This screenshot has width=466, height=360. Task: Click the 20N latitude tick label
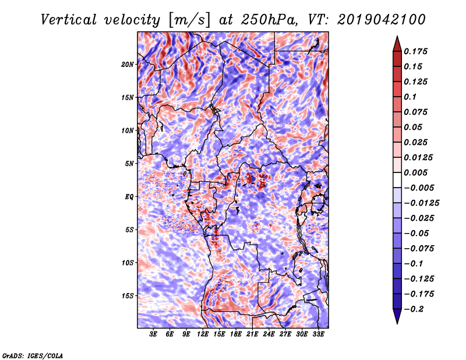[x=128, y=64]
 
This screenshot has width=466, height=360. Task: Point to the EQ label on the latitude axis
[x=129, y=196]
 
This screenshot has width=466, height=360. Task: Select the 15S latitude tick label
[x=128, y=295]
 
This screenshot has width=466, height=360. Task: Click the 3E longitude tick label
[x=153, y=334]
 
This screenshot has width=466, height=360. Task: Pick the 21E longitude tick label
[x=252, y=334]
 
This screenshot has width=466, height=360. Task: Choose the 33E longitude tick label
[x=318, y=334]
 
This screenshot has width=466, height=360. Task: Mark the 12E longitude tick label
[x=203, y=334]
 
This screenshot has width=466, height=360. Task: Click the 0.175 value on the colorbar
[x=417, y=51]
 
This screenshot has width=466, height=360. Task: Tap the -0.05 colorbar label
[x=417, y=233]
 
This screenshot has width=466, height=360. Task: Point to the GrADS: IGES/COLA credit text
[x=33, y=355]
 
